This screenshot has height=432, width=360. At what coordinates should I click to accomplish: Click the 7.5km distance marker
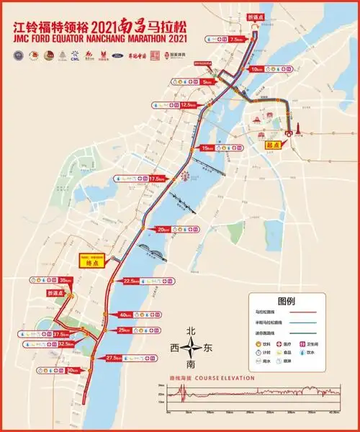pyautogui.click(x=234, y=41)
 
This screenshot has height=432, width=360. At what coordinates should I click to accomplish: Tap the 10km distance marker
pyautogui.click(x=257, y=69)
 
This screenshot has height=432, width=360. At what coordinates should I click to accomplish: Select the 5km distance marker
pyautogui.click(x=207, y=83)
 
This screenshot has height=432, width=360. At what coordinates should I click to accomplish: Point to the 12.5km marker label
pyautogui.click(x=188, y=105)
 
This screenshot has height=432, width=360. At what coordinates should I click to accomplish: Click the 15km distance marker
pyautogui.click(x=207, y=148)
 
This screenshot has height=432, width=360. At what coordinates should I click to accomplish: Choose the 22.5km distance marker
pyautogui.click(x=131, y=281)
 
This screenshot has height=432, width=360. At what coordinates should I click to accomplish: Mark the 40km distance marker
pyautogui.click(x=125, y=315)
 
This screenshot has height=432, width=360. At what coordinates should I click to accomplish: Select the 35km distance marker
pyautogui.click(x=66, y=280)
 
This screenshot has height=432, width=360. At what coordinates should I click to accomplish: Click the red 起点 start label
pyautogui.click(x=272, y=143)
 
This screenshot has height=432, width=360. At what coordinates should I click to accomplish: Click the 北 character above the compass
pyautogui.click(x=191, y=330)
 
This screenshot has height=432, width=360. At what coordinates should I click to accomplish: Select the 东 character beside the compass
pyautogui.click(x=210, y=348)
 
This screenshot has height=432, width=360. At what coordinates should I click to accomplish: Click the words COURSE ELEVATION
pyautogui.click(x=228, y=378)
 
